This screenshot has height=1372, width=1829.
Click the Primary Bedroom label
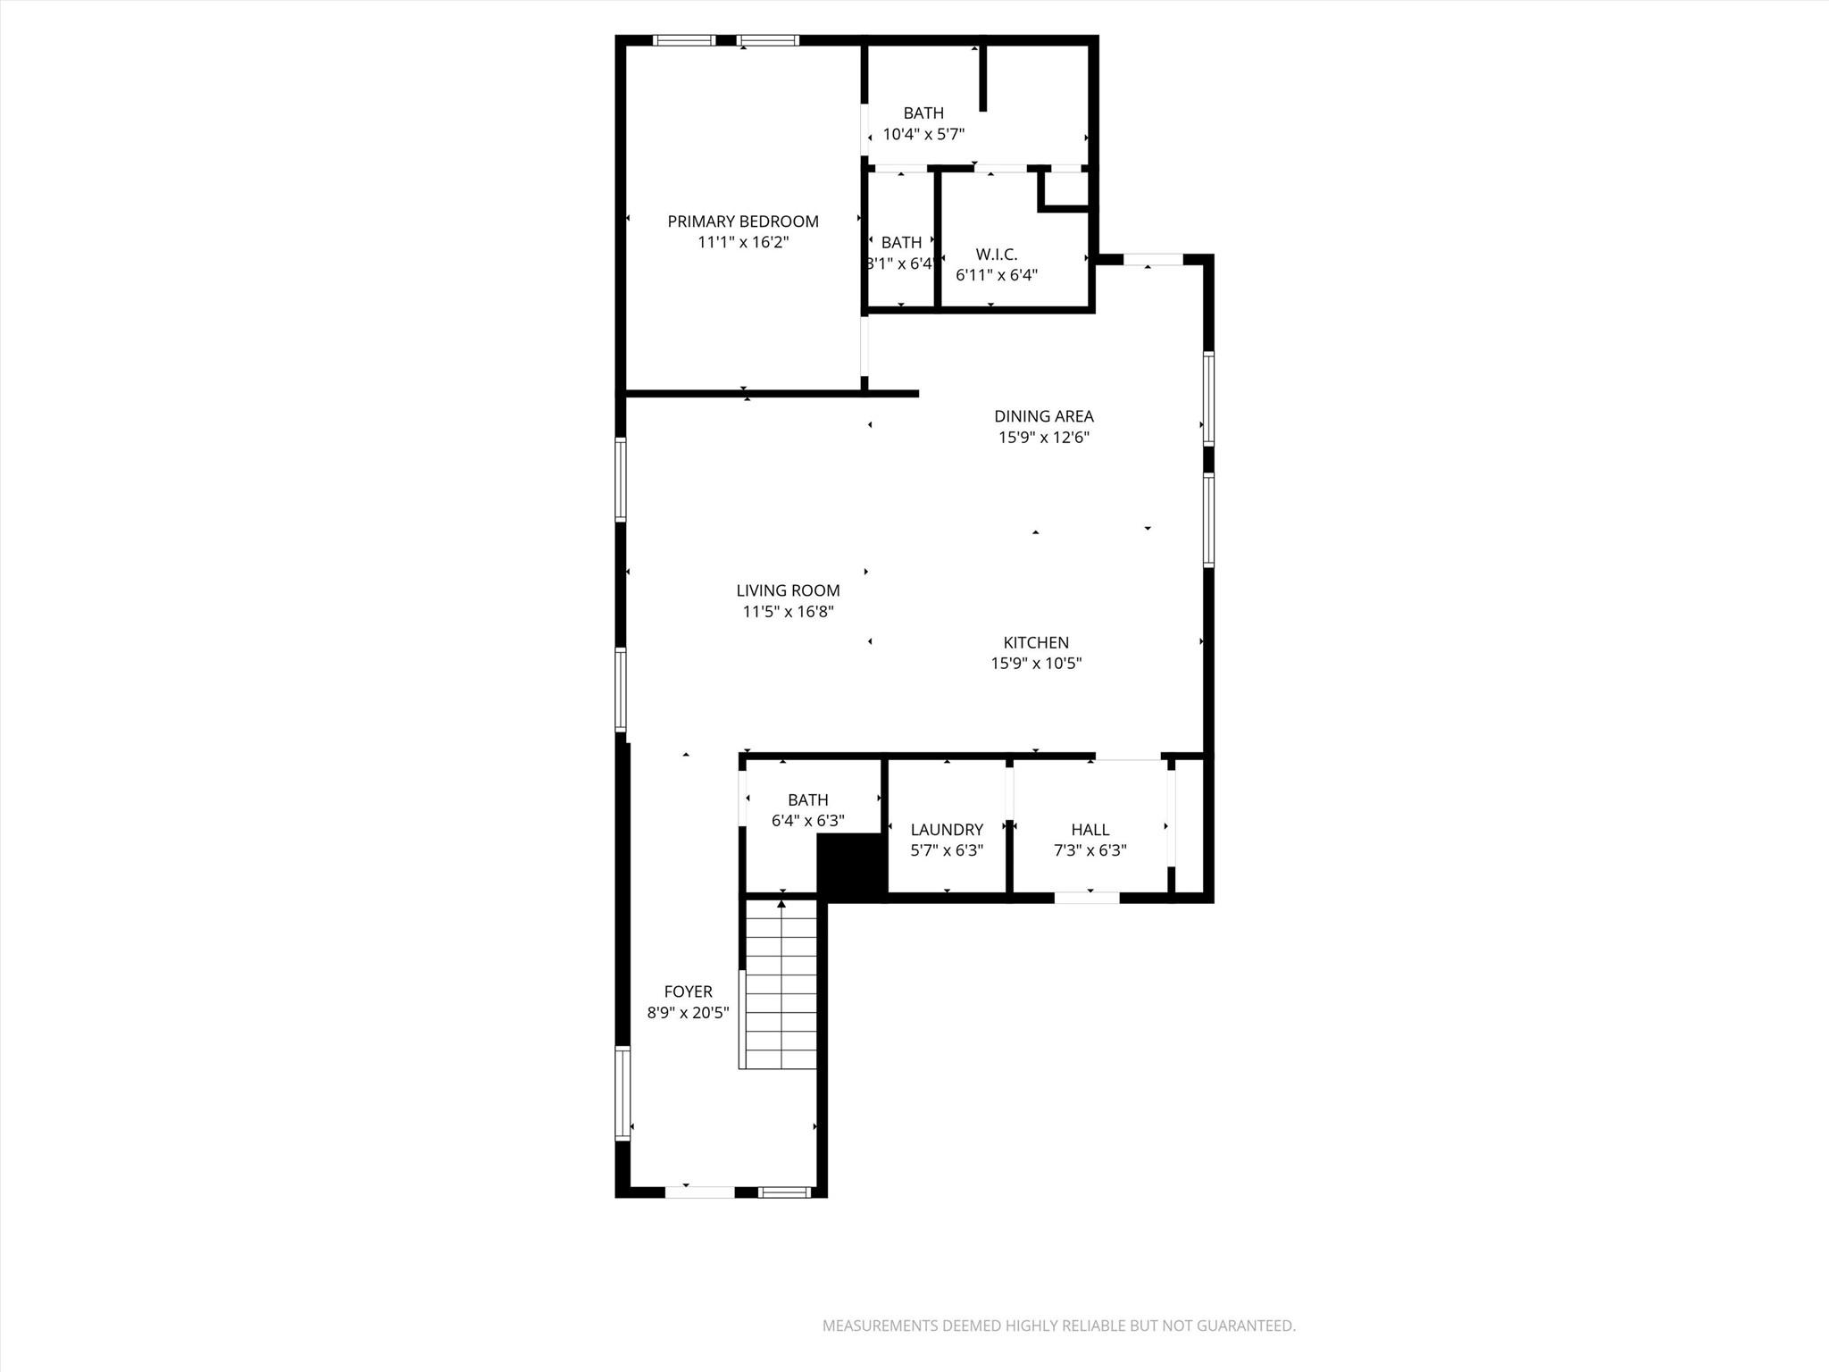click(x=742, y=222)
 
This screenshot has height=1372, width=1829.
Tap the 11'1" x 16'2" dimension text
click(x=742, y=242)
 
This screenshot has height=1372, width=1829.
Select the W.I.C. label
click(x=996, y=255)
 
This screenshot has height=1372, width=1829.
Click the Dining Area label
click(x=1043, y=416)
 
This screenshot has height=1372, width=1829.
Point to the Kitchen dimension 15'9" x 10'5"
click(x=1036, y=664)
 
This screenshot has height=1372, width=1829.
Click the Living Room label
click(x=788, y=590)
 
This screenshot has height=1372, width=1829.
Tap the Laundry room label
click(x=947, y=830)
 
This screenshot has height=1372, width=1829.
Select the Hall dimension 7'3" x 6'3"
click(x=1090, y=850)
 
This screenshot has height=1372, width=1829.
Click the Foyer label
click(x=688, y=991)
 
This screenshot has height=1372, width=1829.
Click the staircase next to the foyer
click(x=781, y=991)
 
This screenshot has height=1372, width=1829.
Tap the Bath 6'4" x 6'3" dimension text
click(x=807, y=820)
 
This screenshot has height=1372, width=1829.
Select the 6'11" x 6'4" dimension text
click(x=996, y=275)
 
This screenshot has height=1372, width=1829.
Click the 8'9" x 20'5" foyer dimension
click(x=688, y=1013)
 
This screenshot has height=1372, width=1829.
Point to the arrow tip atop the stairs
click(x=781, y=905)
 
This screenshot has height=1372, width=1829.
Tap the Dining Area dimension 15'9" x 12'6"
click(x=1043, y=438)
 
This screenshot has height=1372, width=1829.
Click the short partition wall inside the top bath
click(x=982, y=79)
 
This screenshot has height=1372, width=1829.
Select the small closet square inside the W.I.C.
click(x=1065, y=188)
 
